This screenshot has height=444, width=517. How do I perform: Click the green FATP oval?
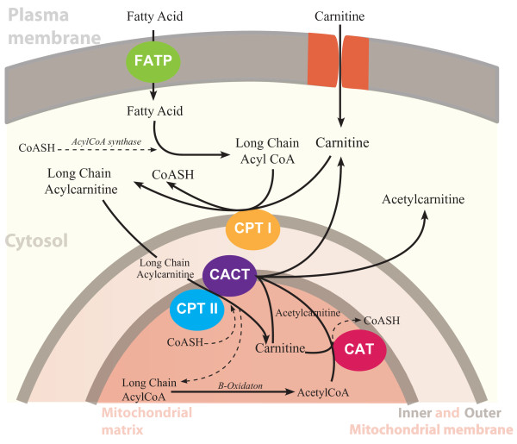(153, 60)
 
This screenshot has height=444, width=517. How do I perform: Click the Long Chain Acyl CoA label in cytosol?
(267, 148)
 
